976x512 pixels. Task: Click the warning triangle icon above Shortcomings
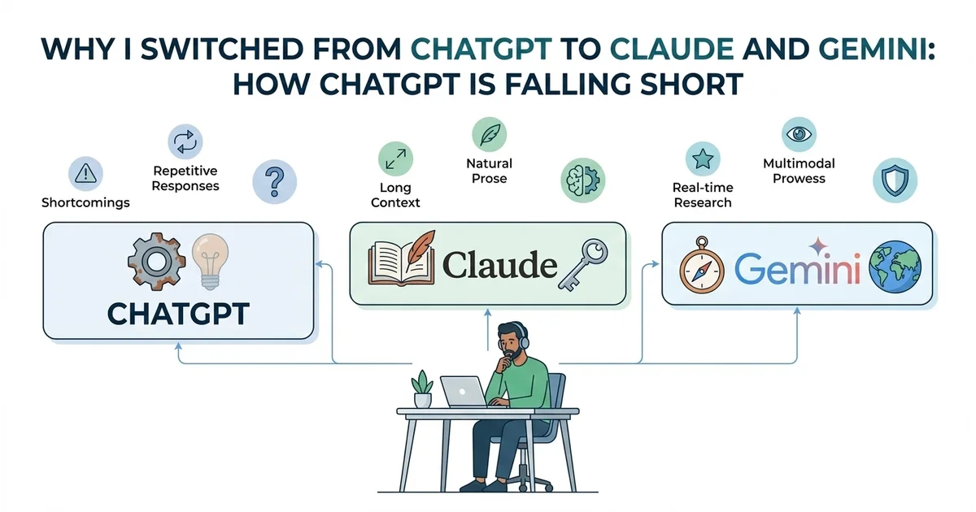[x=85, y=171]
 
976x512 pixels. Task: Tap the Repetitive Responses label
[x=185, y=179]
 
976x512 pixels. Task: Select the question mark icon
[x=274, y=180]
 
